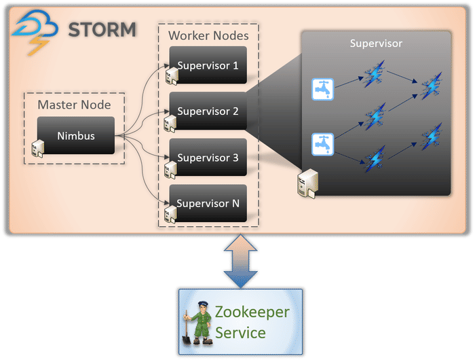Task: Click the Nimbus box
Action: click(75, 136)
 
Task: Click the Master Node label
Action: click(74, 105)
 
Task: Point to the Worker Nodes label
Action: click(208, 35)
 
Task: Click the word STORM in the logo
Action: click(102, 30)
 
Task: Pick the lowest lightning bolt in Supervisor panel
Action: click(375, 161)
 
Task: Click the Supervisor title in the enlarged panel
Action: click(376, 43)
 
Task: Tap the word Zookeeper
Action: click(252, 313)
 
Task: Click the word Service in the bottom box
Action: click(240, 333)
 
